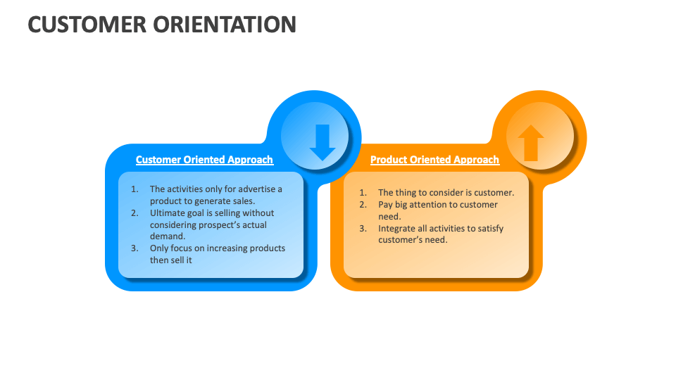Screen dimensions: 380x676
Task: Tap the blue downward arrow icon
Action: (322, 141)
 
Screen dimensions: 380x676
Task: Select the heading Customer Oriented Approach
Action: (204, 160)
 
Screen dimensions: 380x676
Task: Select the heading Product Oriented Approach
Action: (434, 160)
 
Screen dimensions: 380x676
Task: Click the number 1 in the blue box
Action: (134, 189)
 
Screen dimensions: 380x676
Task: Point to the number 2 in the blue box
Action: (134, 213)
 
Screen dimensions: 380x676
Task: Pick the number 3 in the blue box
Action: (134, 248)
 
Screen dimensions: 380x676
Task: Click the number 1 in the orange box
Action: (362, 193)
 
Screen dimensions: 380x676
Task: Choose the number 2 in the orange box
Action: (362, 205)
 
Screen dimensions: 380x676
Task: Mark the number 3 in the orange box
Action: (362, 229)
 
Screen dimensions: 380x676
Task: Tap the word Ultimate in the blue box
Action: (168, 213)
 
